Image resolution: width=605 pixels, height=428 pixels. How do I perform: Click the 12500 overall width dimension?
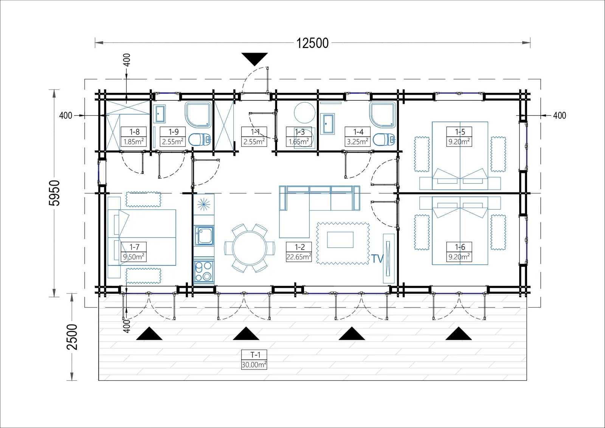coord(312,43)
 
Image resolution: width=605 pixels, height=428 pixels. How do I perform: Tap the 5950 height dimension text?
coord(54,193)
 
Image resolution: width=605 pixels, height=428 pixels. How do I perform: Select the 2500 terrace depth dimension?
coord(72,337)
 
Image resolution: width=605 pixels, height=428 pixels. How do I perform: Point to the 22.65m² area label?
coord(299,257)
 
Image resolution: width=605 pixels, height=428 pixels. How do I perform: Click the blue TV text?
coord(377,259)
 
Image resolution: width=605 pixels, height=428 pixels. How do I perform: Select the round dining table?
coord(250,248)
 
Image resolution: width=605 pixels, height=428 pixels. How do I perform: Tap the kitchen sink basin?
coord(204,236)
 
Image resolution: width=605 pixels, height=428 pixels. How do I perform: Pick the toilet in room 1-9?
coord(200,140)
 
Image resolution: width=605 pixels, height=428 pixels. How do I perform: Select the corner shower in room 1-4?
coord(383,114)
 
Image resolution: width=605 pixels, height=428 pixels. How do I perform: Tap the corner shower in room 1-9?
coord(198,114)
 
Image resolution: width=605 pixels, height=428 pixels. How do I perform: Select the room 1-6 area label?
coord(459,257)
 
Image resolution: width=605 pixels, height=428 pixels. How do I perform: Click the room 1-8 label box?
coord(134,137)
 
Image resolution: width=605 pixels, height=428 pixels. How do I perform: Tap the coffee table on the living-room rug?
coord(340,240)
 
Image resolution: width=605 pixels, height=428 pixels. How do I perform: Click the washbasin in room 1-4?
coord(327,124)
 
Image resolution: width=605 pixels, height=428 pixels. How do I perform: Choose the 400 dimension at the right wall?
coord(560,116)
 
